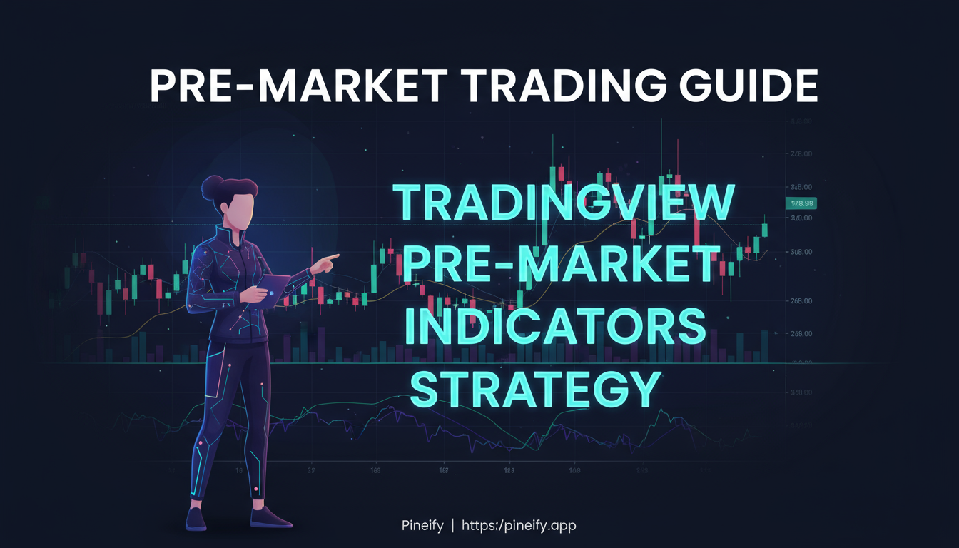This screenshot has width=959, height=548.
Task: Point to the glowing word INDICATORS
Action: tap(555, 328)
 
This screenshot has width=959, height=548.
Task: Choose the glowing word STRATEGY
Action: tap(537, 390)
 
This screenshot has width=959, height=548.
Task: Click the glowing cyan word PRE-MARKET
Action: tap(559, 265)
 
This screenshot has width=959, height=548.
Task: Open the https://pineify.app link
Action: tap(519, 526)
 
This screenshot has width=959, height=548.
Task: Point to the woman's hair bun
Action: tap(212, 187)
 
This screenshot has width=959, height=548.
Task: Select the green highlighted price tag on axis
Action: tap(801, 203)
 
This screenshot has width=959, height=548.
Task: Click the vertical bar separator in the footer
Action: tap(452, 526)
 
